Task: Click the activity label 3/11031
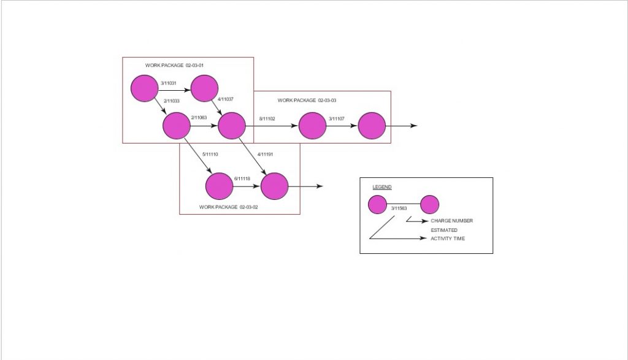click(x=169, y=83)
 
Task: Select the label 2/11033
click(x=171, y=101)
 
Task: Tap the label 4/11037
click(x=226, y=99)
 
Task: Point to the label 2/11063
click(x=199, y=118)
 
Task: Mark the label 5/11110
click(x=210, y=154)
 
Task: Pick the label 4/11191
click(x=266, y=154)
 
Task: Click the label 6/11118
click(x=242, y=178)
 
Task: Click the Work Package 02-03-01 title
click(x=174, y=65)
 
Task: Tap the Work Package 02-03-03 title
click(x=307, y=100)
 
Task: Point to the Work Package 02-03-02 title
click(x=228, y=207)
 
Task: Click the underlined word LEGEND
click(x=382, y=187)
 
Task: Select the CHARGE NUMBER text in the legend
click(x=451, y=221)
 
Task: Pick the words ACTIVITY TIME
click(x=447, y=239)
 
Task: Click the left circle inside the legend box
click(x=378, y=205)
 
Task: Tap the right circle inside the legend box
click(x=429, y=205)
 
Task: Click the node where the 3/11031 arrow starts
click(x=145, y=88)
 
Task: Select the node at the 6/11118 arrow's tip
click(x=274, y=186)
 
